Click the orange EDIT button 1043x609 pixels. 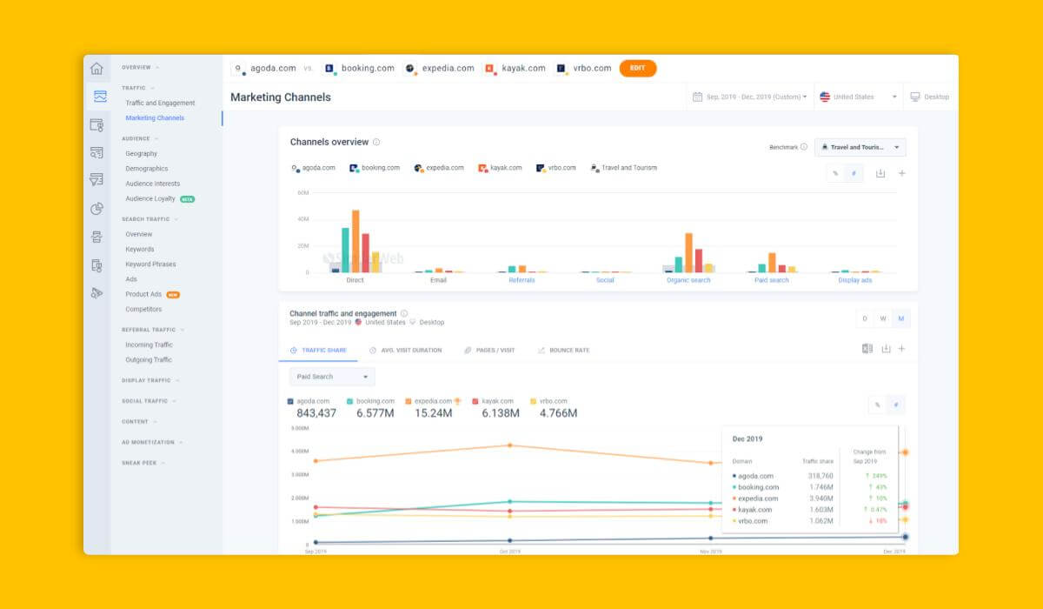pyautogui.click(x=637, y=68)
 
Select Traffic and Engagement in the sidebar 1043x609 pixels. pyautogui.click(x=160, y=103)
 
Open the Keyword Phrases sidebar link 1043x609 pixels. pyautogui.click(x=150, y=264)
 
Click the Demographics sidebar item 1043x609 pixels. pyautogui.click(x=146, y=169)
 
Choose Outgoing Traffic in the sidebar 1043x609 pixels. pyautogui.click(x=149, y=359)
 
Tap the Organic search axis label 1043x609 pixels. pyautogui.click(x=688, y=280)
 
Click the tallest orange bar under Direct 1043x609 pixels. pyautogui.click(x=355, y=241)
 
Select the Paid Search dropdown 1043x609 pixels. pyautogui.click(x=332, y=377)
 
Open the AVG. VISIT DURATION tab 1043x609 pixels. pyautogui.click(x=405, y=350)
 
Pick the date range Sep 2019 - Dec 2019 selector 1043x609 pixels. pyautogui.click(x=750, y=97)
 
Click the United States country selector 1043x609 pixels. pyautogui.click(x=858, y=97)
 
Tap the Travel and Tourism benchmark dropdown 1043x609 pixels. pyautogui.click(x=860, y=147)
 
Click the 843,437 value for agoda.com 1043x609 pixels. pyautogui.click(x=316, y=413)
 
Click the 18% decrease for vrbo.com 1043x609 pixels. pyautogui.click(x=880, y=521)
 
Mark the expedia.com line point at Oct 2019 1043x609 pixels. pyautogui.click(x=510, y=445)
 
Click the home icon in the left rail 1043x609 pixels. pyautogui.click(x=96, y=69)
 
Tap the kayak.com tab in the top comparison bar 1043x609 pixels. pyautogui.click(x=515, y=68)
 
